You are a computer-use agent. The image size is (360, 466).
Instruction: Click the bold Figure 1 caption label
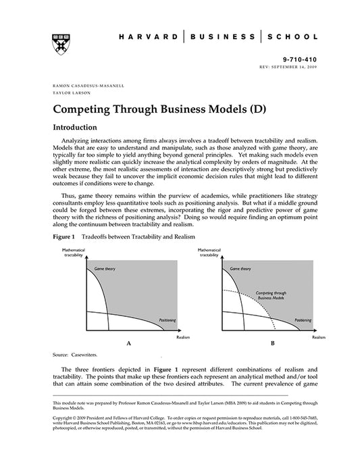click(x=64, y=238)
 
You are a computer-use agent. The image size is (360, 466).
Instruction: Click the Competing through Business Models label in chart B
click(x=272, y=295)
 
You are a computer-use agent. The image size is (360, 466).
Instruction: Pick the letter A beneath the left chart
click(x=128, y=344)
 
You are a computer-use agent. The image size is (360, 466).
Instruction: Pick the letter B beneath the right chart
click(x=272, y=344)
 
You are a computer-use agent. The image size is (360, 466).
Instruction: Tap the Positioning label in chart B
click(x=302, y=320)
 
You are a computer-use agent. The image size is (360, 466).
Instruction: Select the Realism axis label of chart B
click(x=318, y=336)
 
